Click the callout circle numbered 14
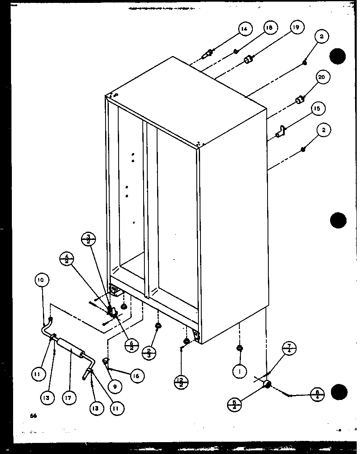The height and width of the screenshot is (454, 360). tap(244, 29)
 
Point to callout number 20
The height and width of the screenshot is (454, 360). tap(323, 77)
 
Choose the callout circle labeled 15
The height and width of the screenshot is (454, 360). tap(316, 109)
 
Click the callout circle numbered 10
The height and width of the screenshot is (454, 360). tap(41, 281)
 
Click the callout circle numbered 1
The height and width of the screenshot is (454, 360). tap(239, 372)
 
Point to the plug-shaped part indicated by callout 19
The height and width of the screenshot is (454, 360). tap(248, 60)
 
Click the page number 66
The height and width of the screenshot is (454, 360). tap(33, 416)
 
